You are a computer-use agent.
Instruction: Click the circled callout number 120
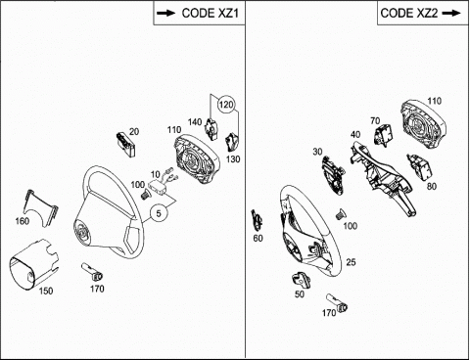pyautogui.click(x=226, y=105)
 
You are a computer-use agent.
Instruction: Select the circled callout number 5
pyautogui.click(x=159, y=213)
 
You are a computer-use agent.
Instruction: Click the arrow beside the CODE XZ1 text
pyautogui.click(x=165, y=14)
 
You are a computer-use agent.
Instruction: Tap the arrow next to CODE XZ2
pyautogui.click(x=451, y=14)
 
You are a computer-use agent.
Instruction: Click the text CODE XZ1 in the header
pyautogui.click(x=211, y=13)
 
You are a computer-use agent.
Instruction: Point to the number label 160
pyautogui.click(x=23, y=221)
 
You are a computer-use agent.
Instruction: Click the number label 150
pyautogui.click(x=46, y=291)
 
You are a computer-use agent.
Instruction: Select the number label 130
pyautogui.click(x=233, y=159)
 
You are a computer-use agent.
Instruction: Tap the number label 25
pyautogui.click(x=351, y=262)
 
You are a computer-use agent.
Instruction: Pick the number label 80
pyautogui.click(x=432, y=186)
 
